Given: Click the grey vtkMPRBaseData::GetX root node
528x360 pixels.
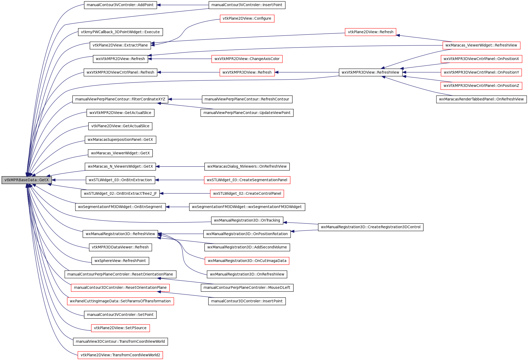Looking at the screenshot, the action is coord(27,180).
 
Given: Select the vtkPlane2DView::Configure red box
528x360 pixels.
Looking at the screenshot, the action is coord(247,19).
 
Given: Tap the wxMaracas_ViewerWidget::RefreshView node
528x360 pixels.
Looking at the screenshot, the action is coord(481,45).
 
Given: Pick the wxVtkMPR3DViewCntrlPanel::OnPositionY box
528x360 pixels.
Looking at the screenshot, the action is coord(481,72).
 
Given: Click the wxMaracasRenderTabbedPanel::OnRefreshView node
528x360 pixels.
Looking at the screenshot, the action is coord(481,99).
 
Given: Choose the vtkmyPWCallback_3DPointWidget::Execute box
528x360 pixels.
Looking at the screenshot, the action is coord(120,32).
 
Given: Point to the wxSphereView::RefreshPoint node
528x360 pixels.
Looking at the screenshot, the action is coord(120,261).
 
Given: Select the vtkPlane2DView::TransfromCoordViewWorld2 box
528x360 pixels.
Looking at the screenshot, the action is coord(120,355).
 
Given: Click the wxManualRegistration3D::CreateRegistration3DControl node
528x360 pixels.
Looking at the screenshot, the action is coord(371,227).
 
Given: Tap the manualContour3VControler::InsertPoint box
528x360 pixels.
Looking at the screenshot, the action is coord(247,5).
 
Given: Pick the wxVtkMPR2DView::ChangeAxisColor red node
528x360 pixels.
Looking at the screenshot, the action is coord(247,59).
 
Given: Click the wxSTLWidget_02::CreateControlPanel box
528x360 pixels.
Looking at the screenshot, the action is coord(247,193).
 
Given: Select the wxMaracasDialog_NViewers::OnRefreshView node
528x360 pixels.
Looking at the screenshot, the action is coord(247,167).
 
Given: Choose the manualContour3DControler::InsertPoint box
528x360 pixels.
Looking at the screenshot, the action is coord(247,301).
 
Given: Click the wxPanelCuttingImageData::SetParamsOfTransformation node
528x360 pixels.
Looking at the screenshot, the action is coord(120,301).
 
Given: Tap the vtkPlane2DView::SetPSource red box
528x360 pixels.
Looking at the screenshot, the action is coord(120,328).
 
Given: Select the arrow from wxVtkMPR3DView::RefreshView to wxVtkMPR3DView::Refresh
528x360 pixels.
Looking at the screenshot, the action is coord(307,72).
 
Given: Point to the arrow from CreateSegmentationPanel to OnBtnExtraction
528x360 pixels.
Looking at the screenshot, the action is coord(179,180).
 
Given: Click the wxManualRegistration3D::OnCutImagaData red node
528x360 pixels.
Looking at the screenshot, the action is coord(247,261).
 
